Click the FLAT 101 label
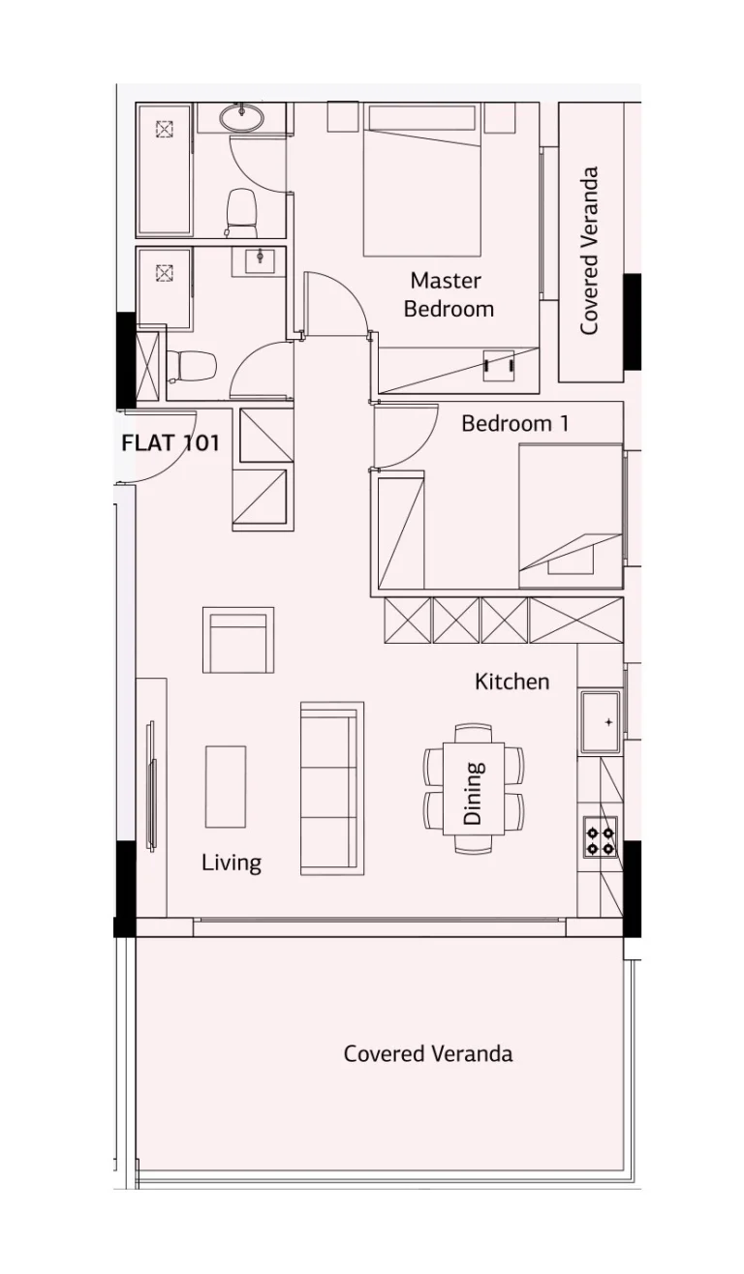coord(170,444)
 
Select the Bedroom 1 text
coord(514,424)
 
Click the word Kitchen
coord(511,682)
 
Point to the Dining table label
coord(474,793)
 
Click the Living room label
coord(232,863)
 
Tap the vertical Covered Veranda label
coord(589,252)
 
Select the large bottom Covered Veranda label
coord(427,1053)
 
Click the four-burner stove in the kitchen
coord(600,836)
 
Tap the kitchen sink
coord(602,721)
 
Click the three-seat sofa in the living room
coord(331,788)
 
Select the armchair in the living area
coord(238,641)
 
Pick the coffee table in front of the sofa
coord(225,786)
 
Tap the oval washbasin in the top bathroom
coord(240,118)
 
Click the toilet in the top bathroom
coord(240,211)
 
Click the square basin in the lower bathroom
coord(259,259)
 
